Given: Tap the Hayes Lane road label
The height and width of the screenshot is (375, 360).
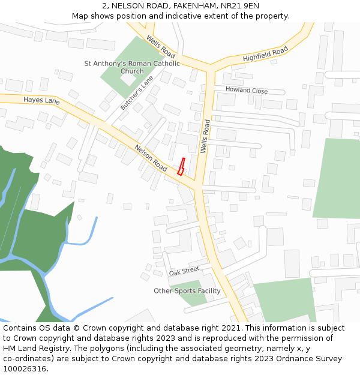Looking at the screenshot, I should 41,100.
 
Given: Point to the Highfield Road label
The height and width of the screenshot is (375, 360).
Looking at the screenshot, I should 265,55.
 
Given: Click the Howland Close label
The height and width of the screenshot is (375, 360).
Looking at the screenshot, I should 247,90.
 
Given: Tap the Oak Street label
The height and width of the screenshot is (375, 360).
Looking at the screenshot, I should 184,271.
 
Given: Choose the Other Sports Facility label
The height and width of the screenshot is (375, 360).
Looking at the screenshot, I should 187,291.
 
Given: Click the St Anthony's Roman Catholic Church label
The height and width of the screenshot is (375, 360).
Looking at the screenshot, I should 132,67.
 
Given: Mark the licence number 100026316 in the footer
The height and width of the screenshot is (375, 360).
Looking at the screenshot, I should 25,368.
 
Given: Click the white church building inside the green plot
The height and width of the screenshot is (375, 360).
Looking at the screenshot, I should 128,79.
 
